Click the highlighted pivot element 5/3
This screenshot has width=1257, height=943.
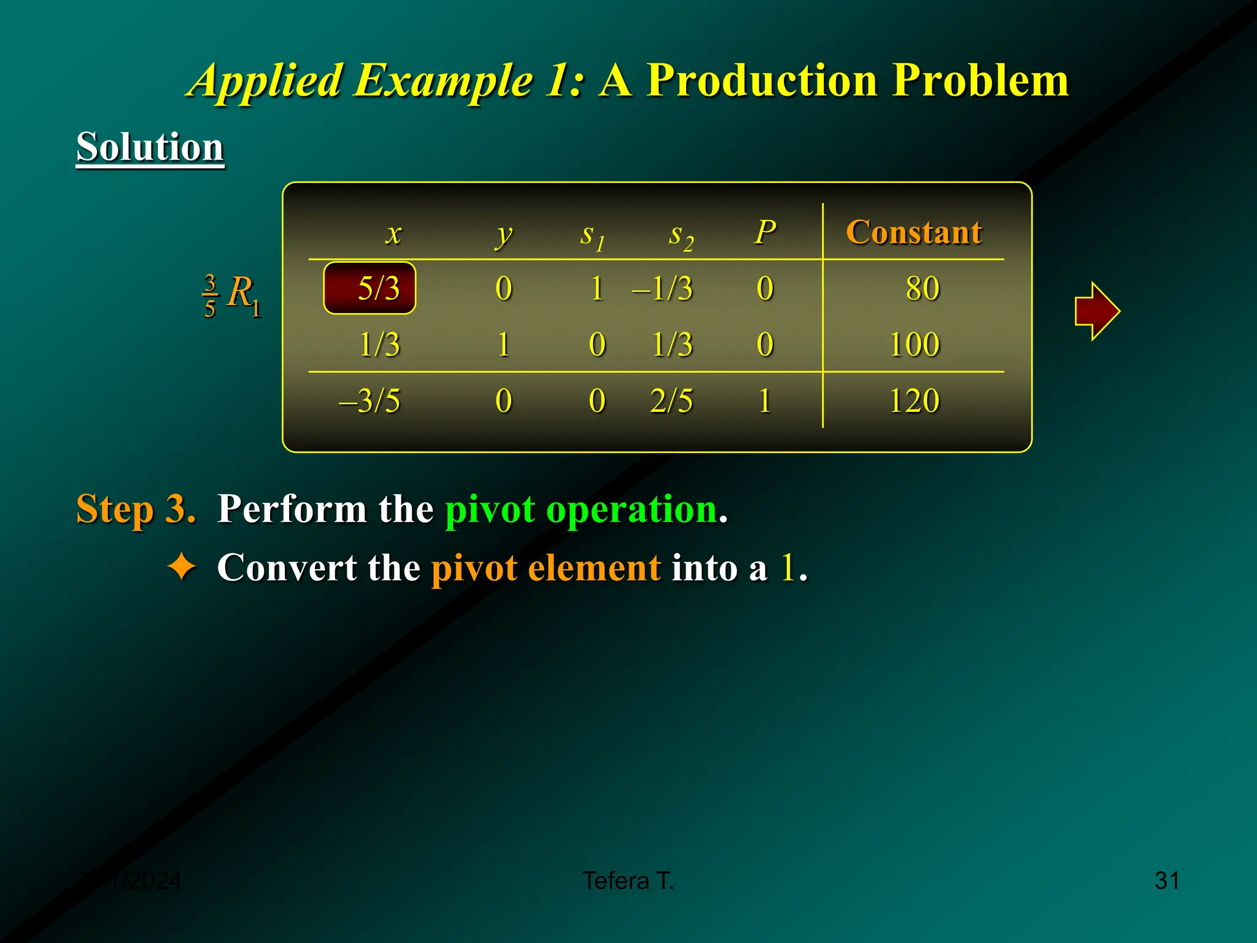369,288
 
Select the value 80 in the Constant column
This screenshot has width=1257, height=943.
922,288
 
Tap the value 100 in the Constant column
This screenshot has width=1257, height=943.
915,344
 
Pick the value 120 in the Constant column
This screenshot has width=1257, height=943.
915,401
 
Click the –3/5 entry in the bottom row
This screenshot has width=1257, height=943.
369,401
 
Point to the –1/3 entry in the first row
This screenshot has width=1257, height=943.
663,288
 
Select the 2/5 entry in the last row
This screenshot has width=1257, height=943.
671,401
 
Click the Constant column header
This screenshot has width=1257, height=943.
914,232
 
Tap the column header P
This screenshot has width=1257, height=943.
765,232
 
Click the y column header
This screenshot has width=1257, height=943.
503,235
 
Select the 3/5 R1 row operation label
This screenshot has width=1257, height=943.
232,295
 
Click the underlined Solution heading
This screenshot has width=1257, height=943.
150,147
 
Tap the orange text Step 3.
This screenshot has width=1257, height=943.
136,509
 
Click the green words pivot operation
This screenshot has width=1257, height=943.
581,509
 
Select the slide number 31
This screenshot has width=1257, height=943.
1166,880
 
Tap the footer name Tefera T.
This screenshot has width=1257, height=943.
628,880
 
